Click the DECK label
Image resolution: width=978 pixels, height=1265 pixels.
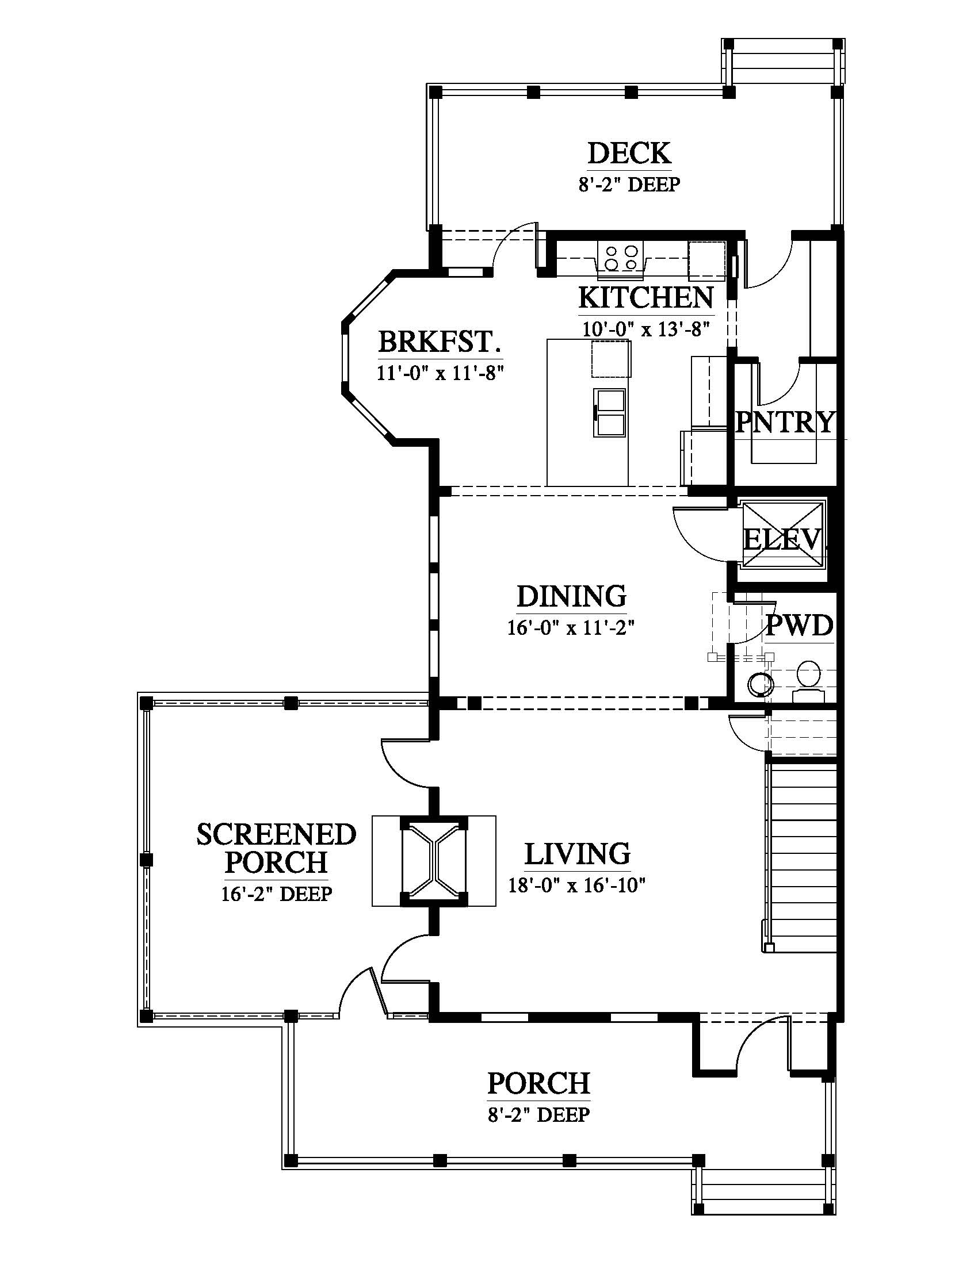(629, 154)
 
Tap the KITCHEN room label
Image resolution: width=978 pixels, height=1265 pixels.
(646, 298)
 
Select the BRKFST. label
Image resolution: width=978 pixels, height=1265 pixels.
(440, 342)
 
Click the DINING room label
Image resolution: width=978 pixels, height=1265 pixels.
(571, 596)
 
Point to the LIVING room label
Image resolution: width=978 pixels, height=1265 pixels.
(577, 854)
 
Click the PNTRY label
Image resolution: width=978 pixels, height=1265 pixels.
(785, 421)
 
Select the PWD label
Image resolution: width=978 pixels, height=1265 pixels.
(800, 626)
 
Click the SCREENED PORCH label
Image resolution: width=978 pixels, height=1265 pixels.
(276, 848)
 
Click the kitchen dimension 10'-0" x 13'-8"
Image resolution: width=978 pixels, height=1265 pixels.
(646, 329)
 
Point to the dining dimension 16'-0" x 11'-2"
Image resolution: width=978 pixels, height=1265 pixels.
(571, 628)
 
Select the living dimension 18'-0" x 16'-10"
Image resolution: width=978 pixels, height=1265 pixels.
(577, 885)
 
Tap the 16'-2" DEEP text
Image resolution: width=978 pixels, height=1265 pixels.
(276, 894)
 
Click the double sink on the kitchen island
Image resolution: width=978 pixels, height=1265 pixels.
(609, 413)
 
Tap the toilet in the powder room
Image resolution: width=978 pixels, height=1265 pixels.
(808, 682)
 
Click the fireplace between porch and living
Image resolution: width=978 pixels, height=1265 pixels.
(433, 861)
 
